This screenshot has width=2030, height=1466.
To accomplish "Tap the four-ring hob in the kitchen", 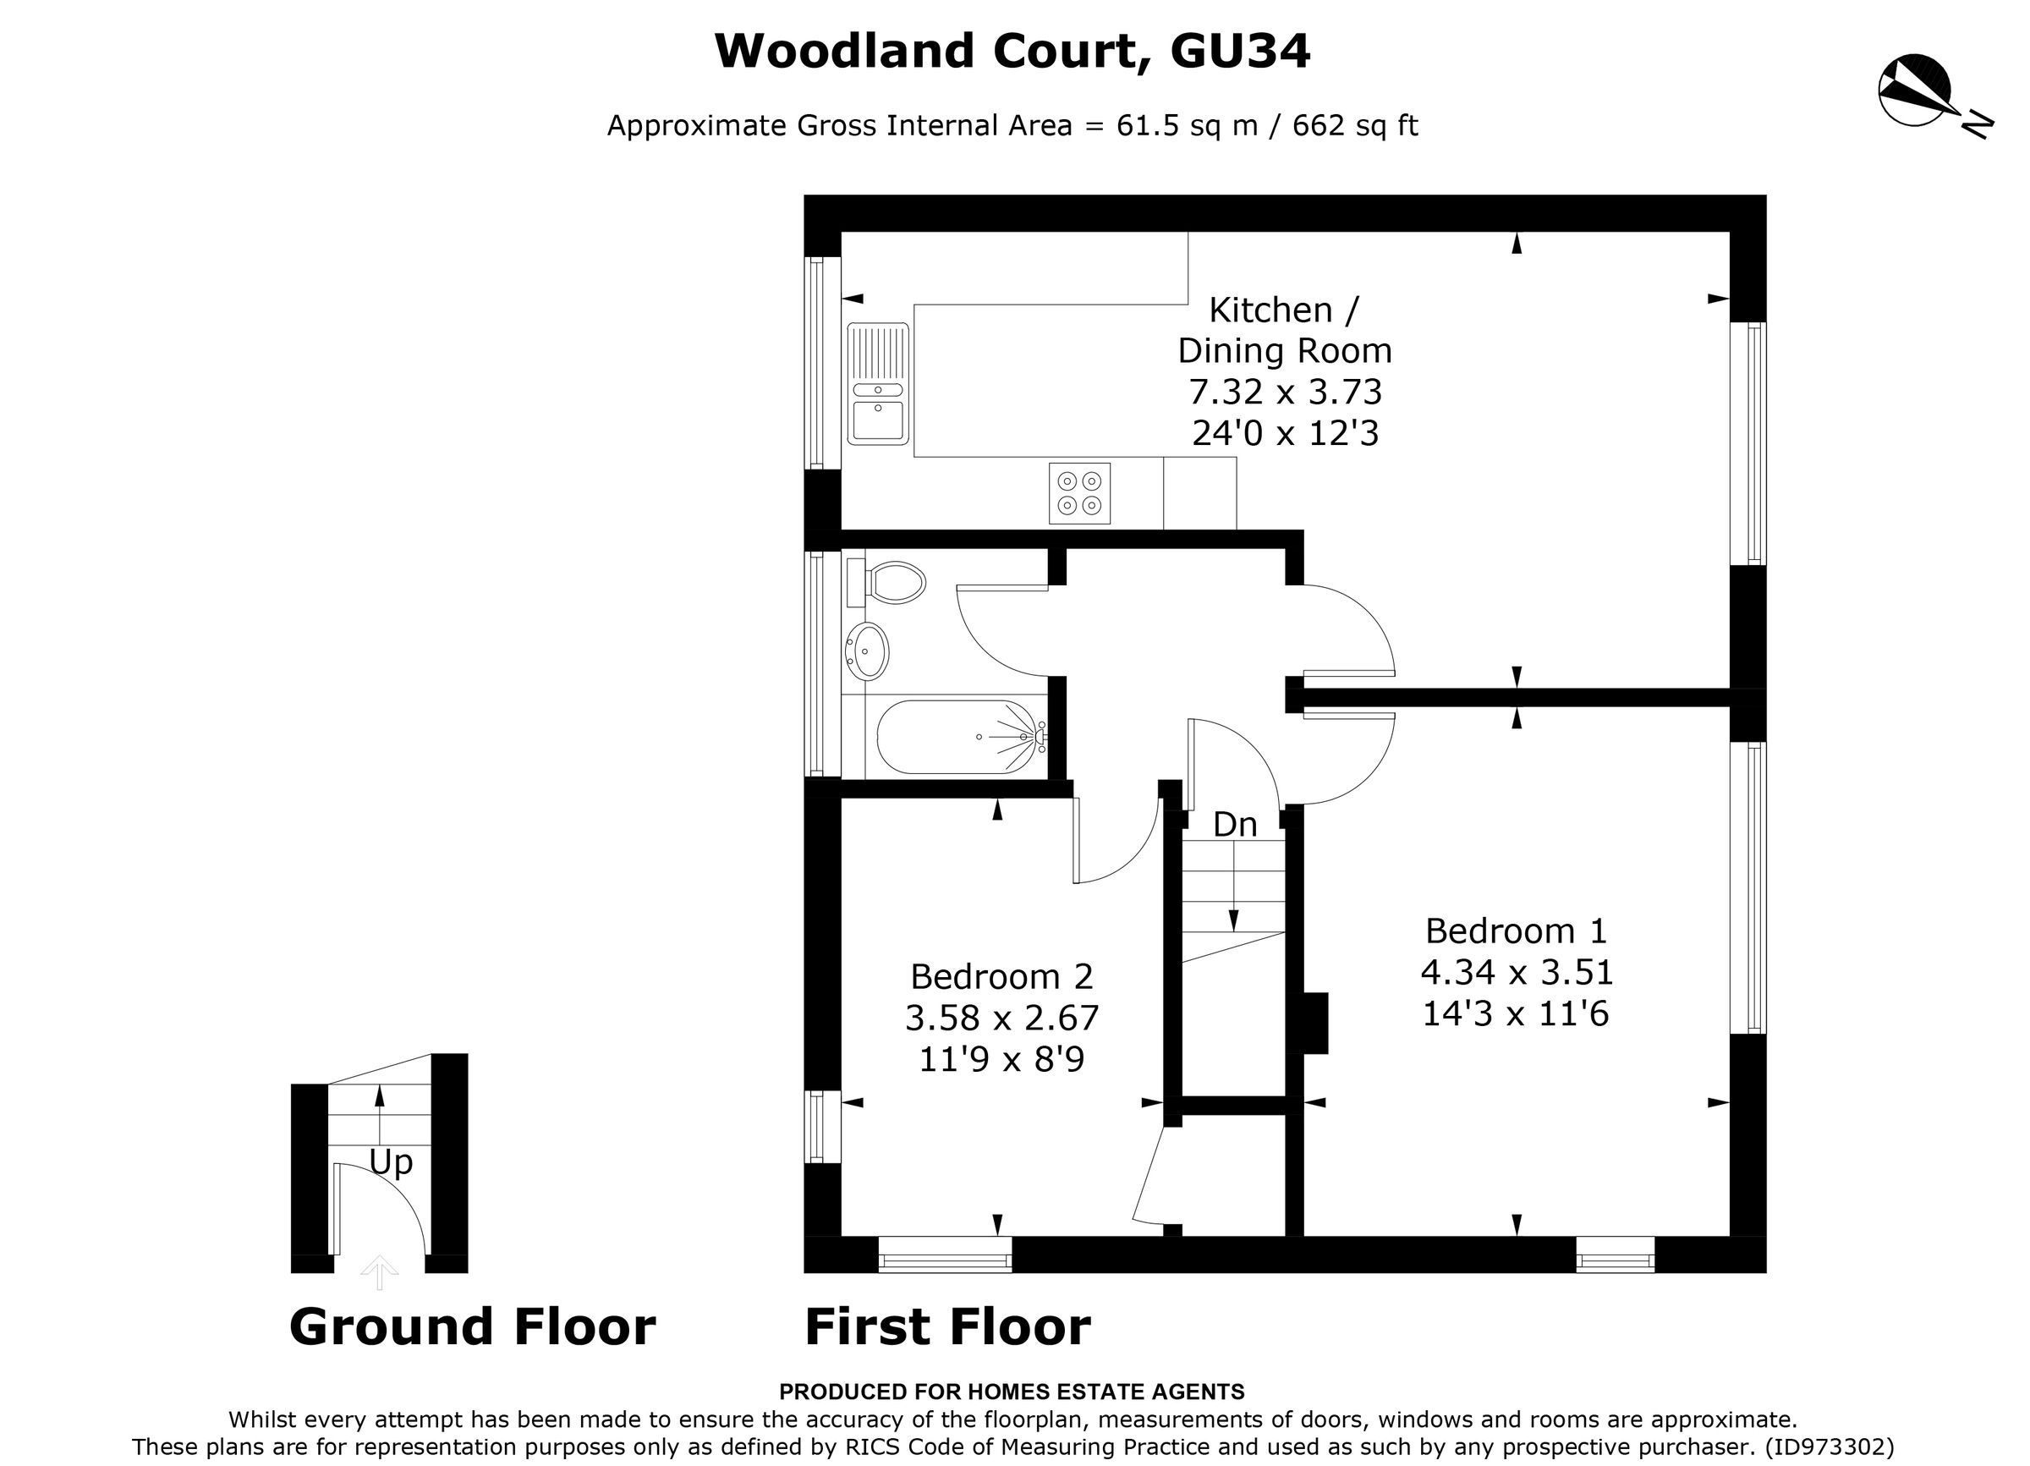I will point(1079,493).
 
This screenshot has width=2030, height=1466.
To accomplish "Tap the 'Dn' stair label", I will point(1234,824).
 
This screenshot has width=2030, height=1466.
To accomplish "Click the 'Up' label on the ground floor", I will point(391,1162).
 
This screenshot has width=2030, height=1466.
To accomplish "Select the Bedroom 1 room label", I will point(1516,931).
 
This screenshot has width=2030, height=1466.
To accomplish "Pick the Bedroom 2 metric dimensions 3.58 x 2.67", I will point(1001,1018).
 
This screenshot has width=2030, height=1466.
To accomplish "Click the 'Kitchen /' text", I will point(1282,310).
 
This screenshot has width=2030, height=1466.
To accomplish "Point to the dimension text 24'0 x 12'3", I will point(1285,434).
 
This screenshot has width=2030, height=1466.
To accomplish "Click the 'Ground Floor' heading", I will point(472,1326).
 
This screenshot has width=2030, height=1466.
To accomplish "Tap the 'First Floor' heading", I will point(947,1326).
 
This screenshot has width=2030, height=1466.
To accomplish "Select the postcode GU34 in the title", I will point(1240,51).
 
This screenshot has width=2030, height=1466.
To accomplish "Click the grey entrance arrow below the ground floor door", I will point(380,1271).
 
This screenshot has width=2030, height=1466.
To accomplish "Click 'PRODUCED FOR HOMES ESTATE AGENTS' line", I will point(1012,1392).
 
